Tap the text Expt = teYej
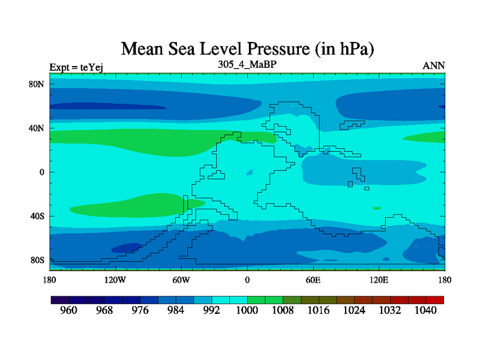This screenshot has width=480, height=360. click(x=76, y=67)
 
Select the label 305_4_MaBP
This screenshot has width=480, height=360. click(x=247, y=64)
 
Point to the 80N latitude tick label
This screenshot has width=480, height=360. click(x=37, y=84)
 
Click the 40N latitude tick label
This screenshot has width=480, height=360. click(x=37, y=128)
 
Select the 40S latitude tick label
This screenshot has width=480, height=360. click(x=38, y=216)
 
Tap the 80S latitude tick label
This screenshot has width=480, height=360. click(x=38, y=260)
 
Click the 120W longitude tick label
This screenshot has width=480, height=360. click(x=115, y=280)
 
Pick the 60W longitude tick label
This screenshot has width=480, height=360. click(x=181, y=280)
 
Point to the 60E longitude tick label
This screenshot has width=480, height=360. click(x=313, y=280)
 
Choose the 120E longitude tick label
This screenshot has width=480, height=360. click(x=379, y=280)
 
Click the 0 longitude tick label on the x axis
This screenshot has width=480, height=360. click(x=247, y=280)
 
